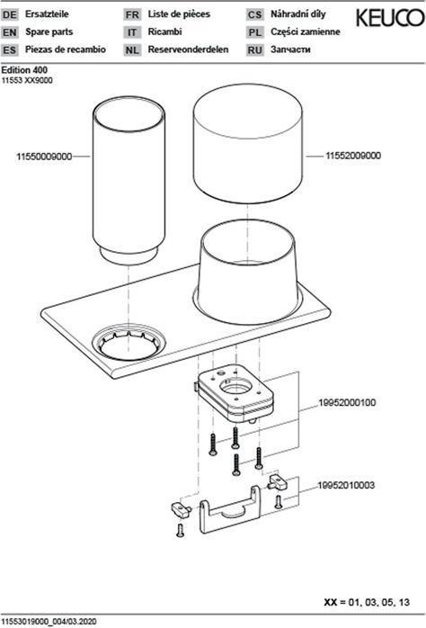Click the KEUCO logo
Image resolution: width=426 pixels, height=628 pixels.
coord(390,18)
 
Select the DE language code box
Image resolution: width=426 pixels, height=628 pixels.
coord(10,14)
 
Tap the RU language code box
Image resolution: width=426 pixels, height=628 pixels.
coord(255,50)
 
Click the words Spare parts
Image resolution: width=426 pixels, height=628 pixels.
coord(49,31)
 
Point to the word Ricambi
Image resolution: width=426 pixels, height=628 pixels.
coord(164,31)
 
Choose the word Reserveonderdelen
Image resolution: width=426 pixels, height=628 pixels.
coord(188,49)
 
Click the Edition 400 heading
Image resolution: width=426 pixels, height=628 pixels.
coord(24,70)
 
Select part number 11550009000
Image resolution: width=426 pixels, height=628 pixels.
coord(44,157)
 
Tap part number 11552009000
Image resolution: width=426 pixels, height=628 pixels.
coord(353,156)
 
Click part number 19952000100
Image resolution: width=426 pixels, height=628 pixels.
coord(347,402)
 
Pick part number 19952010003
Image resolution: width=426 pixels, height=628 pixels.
coord(346,486)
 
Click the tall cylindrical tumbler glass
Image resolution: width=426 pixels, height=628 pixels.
coord(129,180)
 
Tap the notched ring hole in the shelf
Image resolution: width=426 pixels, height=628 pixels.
coord(129,342)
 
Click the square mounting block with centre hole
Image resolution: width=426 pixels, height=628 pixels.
coord(235,393)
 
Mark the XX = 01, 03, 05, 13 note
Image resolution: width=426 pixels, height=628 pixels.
coord(367,602)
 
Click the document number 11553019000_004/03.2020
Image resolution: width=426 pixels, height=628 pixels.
coord(49,622)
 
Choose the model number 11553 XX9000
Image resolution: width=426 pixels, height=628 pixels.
coord(27,80)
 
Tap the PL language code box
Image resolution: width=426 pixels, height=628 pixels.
coord(255,32)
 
